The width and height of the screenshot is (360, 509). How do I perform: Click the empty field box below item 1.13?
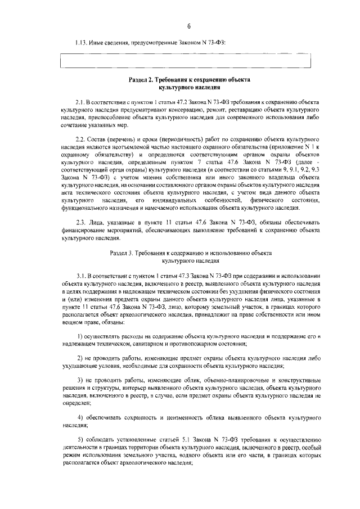click(x=185, y=61)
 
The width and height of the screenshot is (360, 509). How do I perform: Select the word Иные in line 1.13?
click(x=97, y=43)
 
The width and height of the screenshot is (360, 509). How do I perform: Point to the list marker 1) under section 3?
click(x=80, y=335)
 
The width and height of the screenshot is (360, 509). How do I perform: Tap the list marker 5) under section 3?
click(x=80, y=438)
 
